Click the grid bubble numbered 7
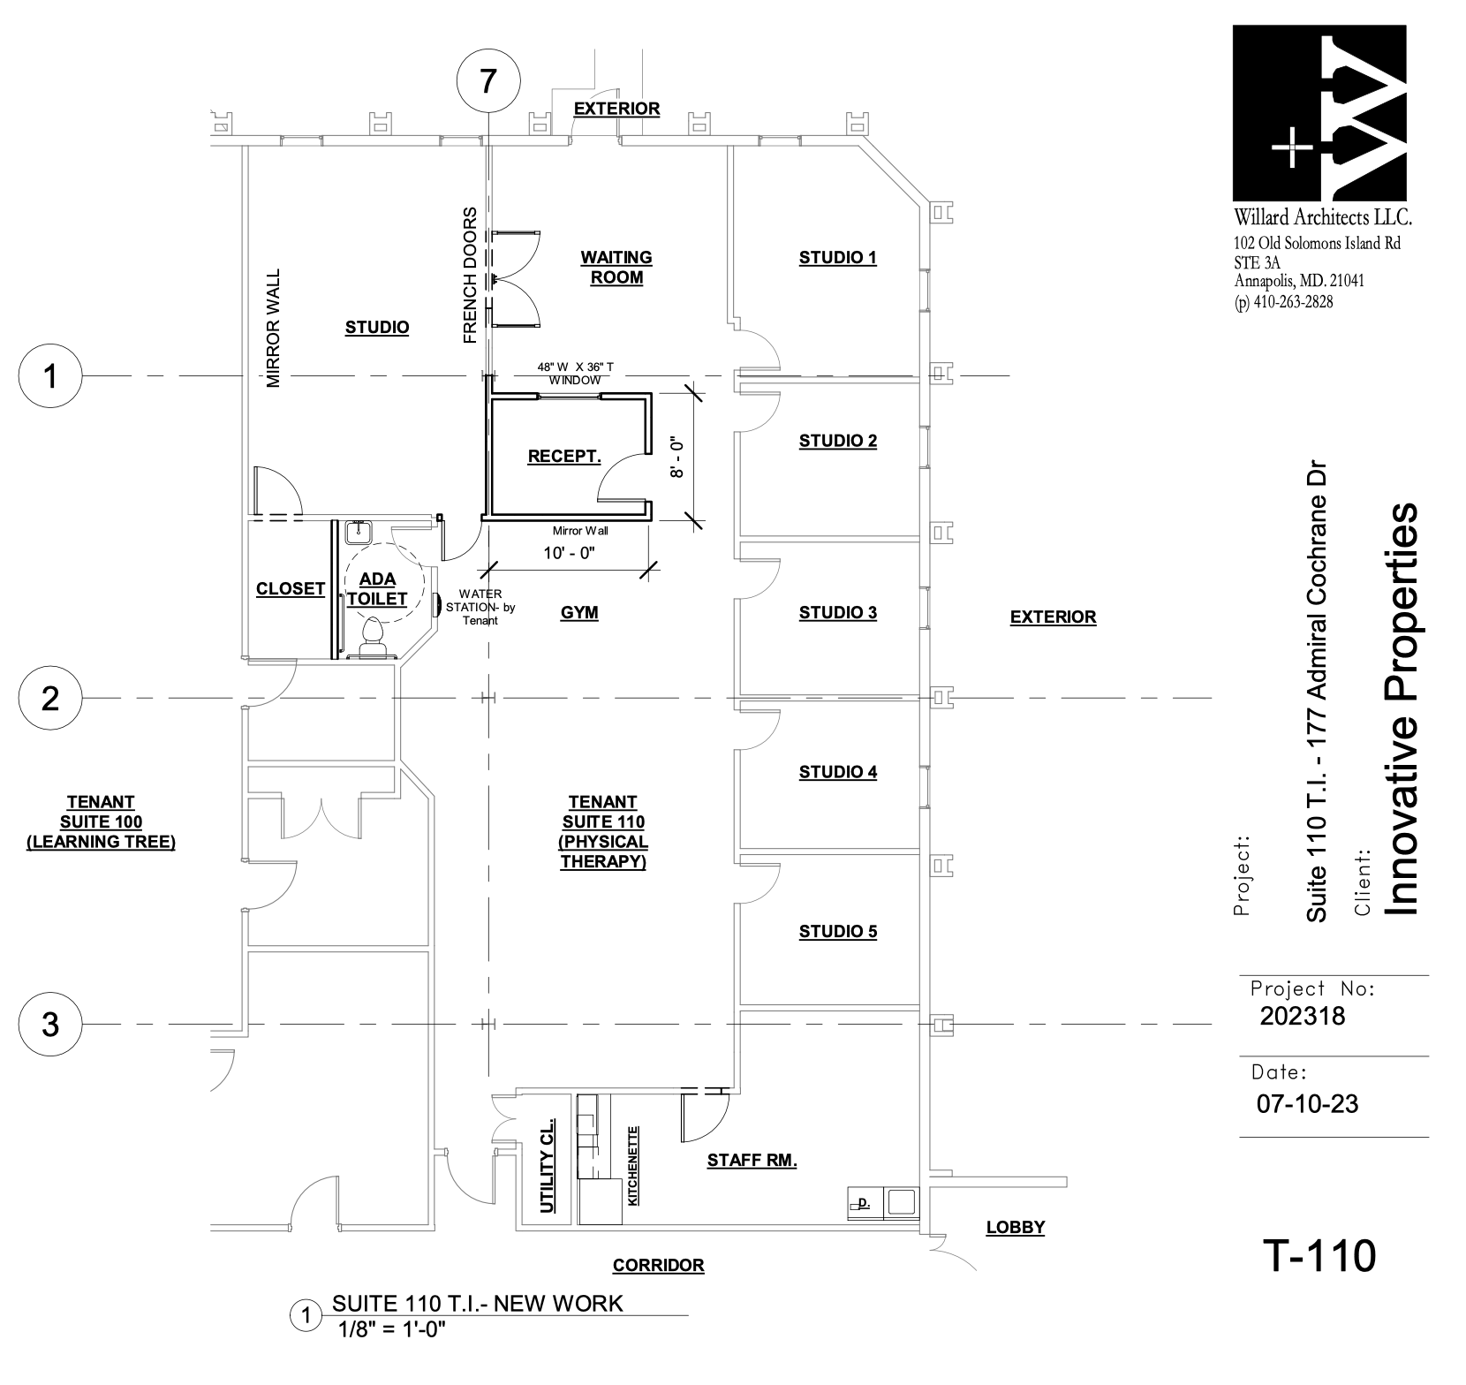tap(487, 81)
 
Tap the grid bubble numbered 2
tap(51, 699)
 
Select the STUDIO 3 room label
tap(837, 613)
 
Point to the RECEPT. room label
tap(564, 457)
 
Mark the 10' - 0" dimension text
tap(570, 554)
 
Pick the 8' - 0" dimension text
tap(677, 457)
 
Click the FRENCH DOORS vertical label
tap(470, 275)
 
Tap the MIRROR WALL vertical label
tap(273, 329)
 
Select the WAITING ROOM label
tap(616, 268)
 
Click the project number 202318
tap(1302, 1016)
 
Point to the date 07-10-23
tap(1306, 1103)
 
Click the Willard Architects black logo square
tap(1319, 112)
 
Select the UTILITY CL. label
tap(548, 1164)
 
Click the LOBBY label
tap(1016, 1227)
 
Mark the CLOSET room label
tap(291, 589)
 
